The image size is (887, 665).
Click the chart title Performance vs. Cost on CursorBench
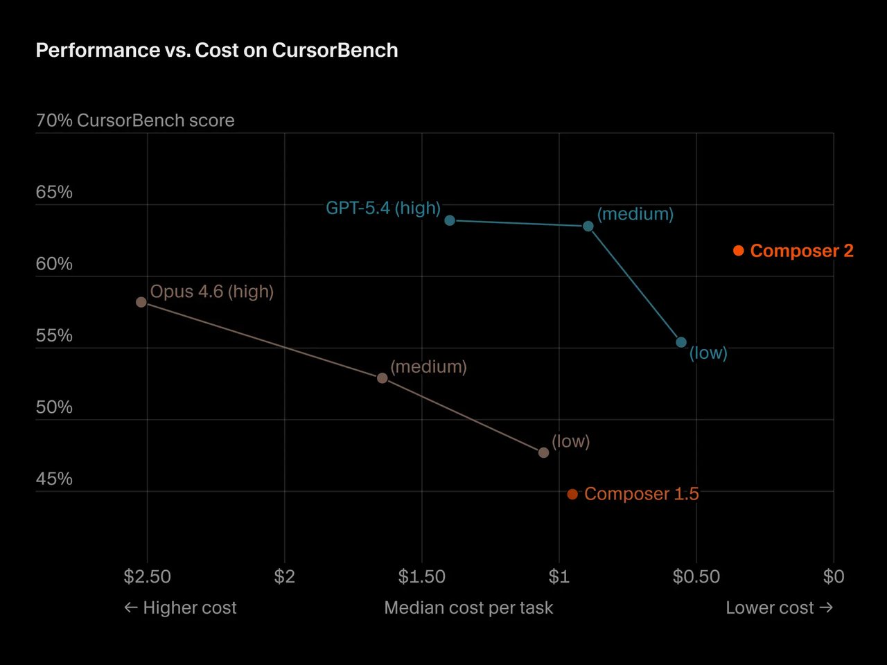point(217,51)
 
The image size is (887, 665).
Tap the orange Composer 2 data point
point(739,251)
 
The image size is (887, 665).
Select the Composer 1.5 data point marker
point(572,494)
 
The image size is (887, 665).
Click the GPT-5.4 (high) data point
point(450,220)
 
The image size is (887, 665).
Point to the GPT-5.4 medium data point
point(588,227)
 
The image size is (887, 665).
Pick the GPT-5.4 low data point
point(681,342)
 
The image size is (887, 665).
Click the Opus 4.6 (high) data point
point(141,302)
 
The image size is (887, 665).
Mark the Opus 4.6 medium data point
point(382,378)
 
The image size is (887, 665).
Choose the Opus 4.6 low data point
point(543,452)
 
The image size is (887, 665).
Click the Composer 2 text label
point(802,251)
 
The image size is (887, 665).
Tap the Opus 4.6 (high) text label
point(212,292)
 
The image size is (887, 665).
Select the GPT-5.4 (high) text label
point(383,208)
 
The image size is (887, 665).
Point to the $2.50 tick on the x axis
point(147,576)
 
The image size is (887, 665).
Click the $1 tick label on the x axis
point(559,576)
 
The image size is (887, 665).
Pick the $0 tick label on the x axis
point(834,576)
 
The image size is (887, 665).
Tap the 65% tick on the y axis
point(54,192)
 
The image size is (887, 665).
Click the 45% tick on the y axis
point(54,479)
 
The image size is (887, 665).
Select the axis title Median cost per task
point(468,608)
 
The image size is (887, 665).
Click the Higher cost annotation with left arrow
point(180,608)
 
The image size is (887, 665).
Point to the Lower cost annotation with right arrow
point(779,608)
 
